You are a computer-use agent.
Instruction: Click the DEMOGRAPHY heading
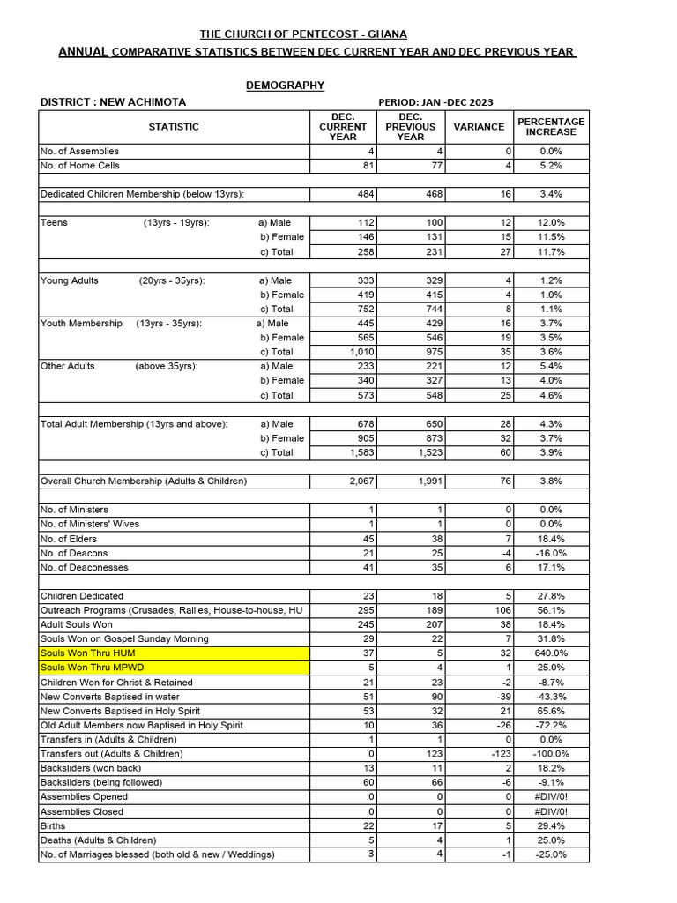tap(284, 86)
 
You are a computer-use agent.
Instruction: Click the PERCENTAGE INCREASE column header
tap(551, 126)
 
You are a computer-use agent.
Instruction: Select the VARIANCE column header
tap(479, 127)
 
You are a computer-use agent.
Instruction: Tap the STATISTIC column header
tap(174, 127)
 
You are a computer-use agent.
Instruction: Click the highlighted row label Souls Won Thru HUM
tap(82, 653)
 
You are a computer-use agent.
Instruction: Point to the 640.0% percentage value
tap(551, 653)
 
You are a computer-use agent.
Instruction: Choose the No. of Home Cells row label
tap(80, 166)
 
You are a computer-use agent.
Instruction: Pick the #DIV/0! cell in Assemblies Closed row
tap(551, 811)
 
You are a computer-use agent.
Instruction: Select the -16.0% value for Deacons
tap(551, 553)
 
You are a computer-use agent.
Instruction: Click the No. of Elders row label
tap(69, 539)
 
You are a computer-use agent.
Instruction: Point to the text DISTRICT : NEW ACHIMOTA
tap(113, 102)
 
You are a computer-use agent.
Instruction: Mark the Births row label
tap(53, 826)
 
